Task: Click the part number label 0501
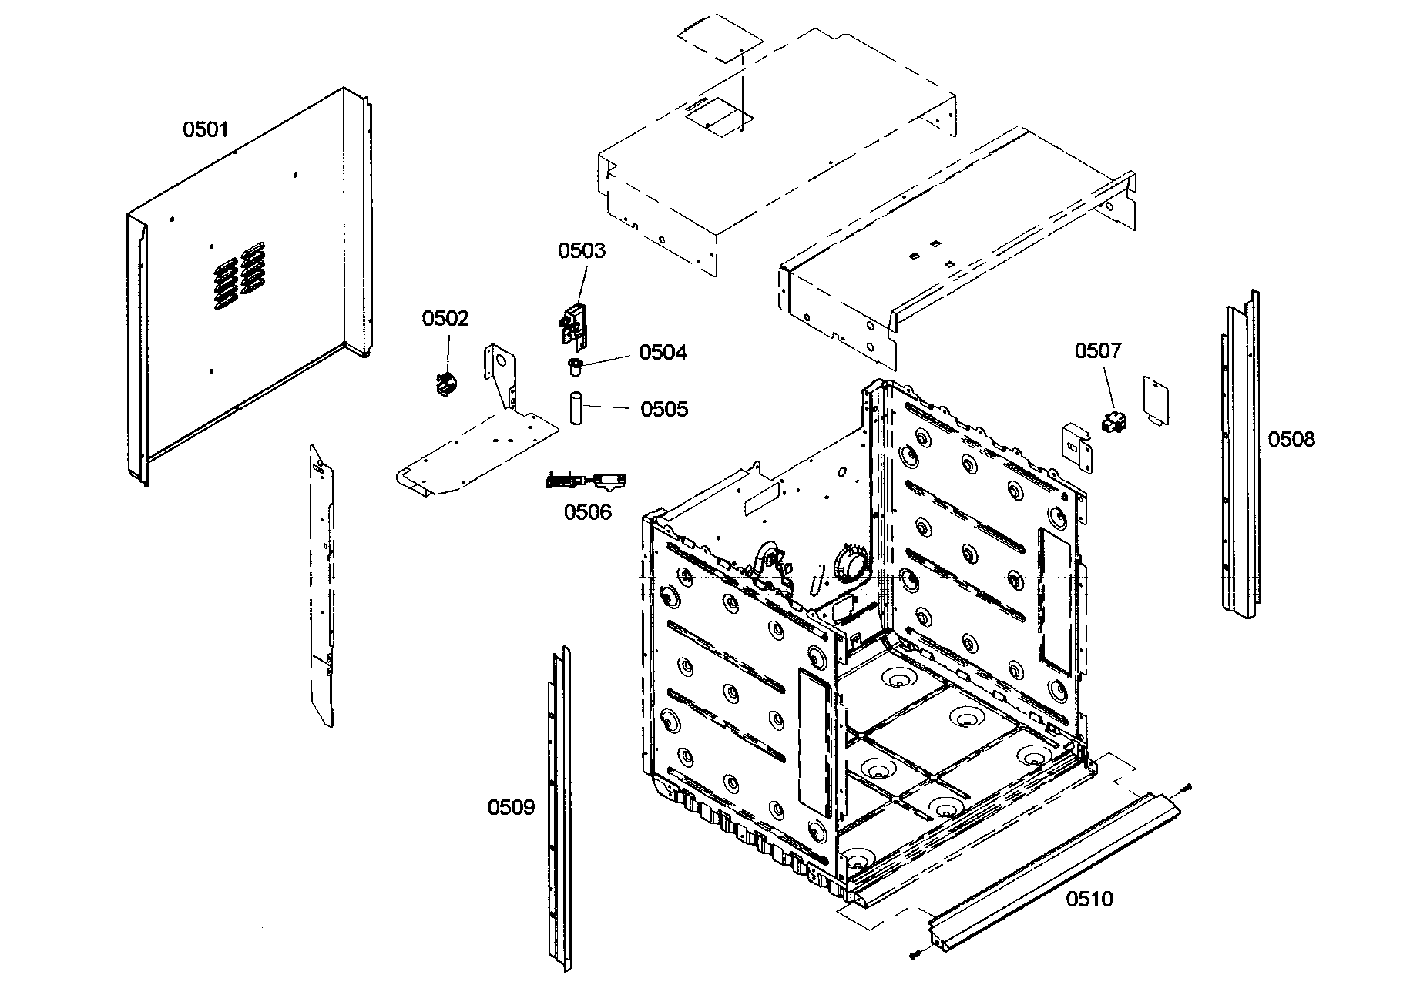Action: [205, 129]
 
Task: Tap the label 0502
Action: [445, 319]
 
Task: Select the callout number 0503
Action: [582, 251]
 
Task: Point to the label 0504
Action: [663, 353]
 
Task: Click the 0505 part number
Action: [664, 409]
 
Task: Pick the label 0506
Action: [587, 512]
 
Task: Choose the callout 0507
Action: [1098, 352]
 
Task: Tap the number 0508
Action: [1291, 440]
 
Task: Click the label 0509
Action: [510, 808]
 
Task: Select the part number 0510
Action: [1089, 899]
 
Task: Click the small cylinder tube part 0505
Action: [576, 408]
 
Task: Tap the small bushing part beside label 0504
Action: [574, 365]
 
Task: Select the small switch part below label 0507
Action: [1113, 422]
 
